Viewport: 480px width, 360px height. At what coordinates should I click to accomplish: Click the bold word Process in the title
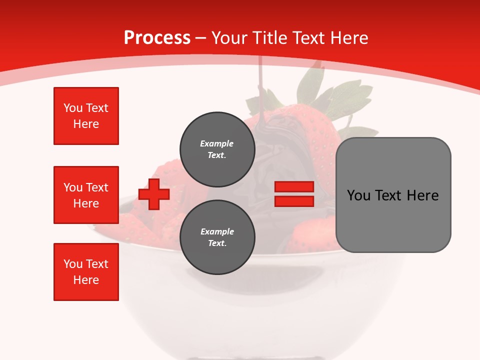pyautogui.click(x=157, y=38)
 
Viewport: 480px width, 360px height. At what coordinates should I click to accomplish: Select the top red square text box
pyautogui.click(x=86, y=116)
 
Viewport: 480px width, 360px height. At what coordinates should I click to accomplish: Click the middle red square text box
pyautogui.click(x=86, y=195)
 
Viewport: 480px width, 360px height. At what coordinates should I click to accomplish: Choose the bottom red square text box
pyautogui.click(x=86, y=272)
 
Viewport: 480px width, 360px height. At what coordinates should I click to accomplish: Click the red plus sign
pyautogui.click(x=154, y=194)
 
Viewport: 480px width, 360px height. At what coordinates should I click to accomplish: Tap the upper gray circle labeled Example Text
pyautogui.click(x=217, y=149)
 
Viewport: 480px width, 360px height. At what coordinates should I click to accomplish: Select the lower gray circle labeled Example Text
pyautogui.click(x=217, y=237)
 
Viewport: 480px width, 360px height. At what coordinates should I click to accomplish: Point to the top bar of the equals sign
pyautogui.click(x=294, y=187)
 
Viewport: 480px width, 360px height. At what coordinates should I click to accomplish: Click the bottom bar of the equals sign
pyautogui.click(x=294, y=201)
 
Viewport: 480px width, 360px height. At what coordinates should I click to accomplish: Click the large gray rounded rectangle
pyautogui.click(x=393, y=220)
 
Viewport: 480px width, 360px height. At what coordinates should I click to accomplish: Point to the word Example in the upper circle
pyautogui.click(x=217, y=143)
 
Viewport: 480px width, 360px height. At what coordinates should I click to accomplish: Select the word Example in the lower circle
pyautogui.click(x=217, y=231)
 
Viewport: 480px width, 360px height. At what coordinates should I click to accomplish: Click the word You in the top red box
pyautogui.click(x=73, y=108)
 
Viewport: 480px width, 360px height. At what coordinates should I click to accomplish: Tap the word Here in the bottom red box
pyautogui.click(x=86, y=280)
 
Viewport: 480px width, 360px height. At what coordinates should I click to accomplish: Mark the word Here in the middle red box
pyautogui.click(x=86, y=203)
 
